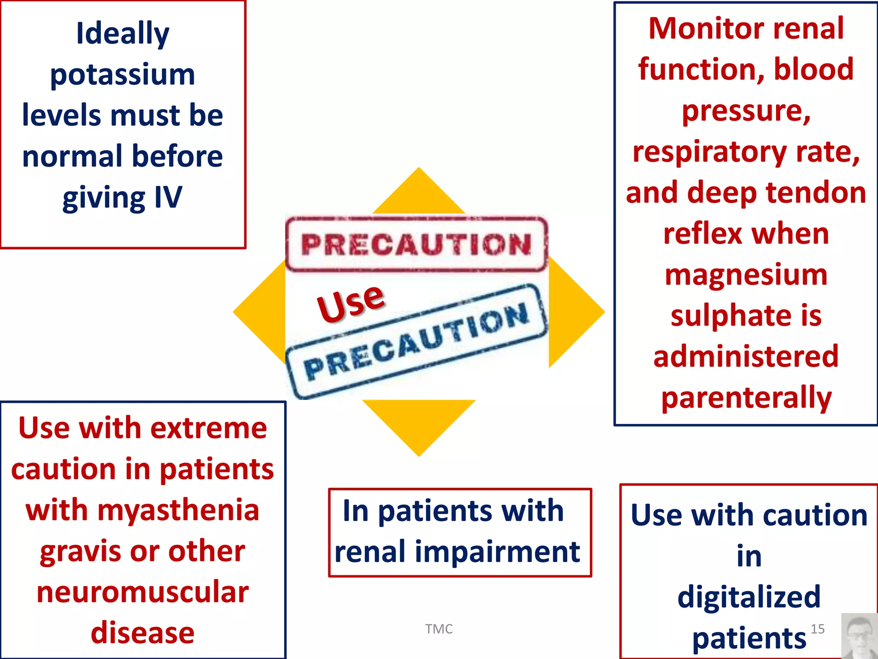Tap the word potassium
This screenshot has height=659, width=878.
pyautogui.click(x=123, y=75)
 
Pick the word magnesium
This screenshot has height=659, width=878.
pyautogui.click(x=746, y=275)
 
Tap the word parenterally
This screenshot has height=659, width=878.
pyautogui.click(x=746, y=398)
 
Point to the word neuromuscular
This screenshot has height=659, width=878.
pyautogui.click(x=142, y=592)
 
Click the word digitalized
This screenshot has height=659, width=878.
pyautogui.click(x=749, y=597)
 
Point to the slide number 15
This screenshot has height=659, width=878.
pyautogui.click(x=818, y=629)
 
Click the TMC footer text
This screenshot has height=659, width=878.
pyautogui.click(x=439, y=629)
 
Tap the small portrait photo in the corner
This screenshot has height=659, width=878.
pyautogui.click(x=859, y=636)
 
